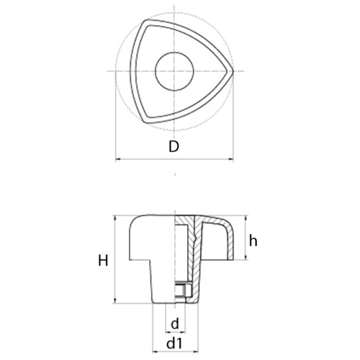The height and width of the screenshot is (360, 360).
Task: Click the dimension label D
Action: (x=174, y=147)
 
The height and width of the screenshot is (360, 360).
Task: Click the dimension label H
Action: (x=103, y=261)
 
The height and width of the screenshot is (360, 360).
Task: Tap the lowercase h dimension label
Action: (x=253, y=240)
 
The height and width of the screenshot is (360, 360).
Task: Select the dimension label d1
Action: (x=174, y=343)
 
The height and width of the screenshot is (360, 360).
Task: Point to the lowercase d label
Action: (x=175, y=324)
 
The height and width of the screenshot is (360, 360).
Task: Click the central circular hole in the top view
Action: (x=174, y=71)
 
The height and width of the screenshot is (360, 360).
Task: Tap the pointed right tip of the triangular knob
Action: (x=233, y=71)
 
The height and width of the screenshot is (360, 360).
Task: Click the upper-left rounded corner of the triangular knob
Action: (x=146, y=23)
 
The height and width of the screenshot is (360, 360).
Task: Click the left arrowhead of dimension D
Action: (x=117, y=159)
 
